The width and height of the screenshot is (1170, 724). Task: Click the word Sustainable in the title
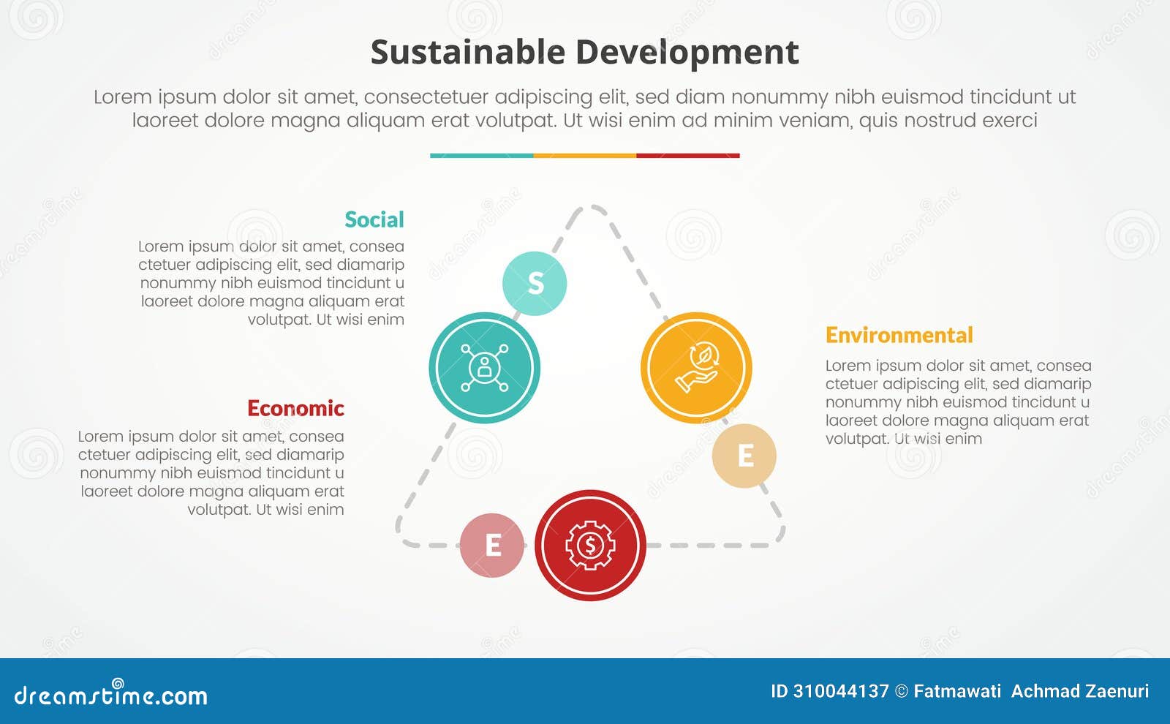tap(467, 53)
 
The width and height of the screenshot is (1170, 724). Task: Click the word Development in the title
tap(687, 53)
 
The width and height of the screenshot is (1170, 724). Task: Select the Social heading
tap(374, 219)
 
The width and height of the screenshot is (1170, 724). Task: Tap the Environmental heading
tap(899, 335)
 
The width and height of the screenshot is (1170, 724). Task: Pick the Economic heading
tap(295, 408)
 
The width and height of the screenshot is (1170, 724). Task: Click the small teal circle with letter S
tap(535, 283)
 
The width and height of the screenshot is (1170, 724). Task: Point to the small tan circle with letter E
tap(744, 456)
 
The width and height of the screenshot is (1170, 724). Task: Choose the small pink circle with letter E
tap(492, 545)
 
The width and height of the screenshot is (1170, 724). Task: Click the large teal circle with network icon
tap(484, 367)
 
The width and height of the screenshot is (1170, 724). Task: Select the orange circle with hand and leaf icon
tap(696, 367)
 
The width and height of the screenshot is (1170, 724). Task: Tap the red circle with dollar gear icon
tap(590, 545)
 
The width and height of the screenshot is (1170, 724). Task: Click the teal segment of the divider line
tap(481, 156)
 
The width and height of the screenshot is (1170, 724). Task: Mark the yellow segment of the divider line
tap(584, 156)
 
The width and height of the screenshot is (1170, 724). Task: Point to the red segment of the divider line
tap(687, 156)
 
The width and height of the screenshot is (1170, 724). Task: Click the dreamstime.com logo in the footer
tap(110, 695)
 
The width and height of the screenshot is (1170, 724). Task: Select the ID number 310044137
tap(840, 691)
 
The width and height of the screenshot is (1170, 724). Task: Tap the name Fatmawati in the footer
tap(957, 691)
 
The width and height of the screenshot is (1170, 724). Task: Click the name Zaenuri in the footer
tap(1115, 691)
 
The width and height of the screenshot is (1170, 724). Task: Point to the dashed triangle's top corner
tap(591, 208)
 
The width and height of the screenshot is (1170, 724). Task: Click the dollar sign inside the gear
tap(590, 545)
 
